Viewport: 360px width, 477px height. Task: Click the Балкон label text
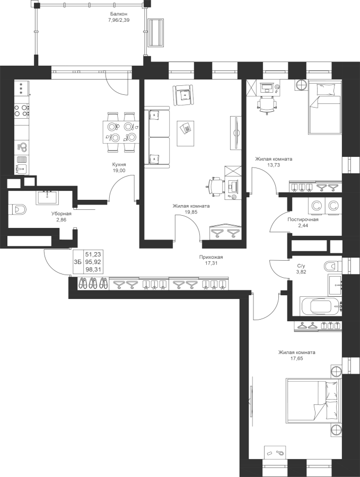click(119, 14)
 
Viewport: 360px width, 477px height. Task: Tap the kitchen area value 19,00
click(119, 170)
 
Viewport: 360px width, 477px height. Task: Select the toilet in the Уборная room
click(18, 209)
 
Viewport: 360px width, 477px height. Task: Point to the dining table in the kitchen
click(120, 132)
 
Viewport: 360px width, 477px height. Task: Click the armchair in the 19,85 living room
click(183, 95)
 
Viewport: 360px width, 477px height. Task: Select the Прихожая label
click(209, 257)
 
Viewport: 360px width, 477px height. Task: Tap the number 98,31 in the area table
click(93, 269)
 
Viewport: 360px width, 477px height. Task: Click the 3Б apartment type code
click(77, 262)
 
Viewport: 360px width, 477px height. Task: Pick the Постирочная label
click(303, 219)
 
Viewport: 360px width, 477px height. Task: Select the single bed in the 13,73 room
click(324, 107)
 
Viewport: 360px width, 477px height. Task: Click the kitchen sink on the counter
click(22, 167)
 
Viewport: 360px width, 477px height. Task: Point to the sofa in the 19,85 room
click(157, 137)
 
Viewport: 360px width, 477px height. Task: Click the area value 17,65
click(297, 358)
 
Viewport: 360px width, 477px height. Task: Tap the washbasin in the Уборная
click(48, 198)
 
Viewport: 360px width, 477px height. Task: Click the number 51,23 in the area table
click(93, 254)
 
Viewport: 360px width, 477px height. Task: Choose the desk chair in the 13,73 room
click(268, 104)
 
